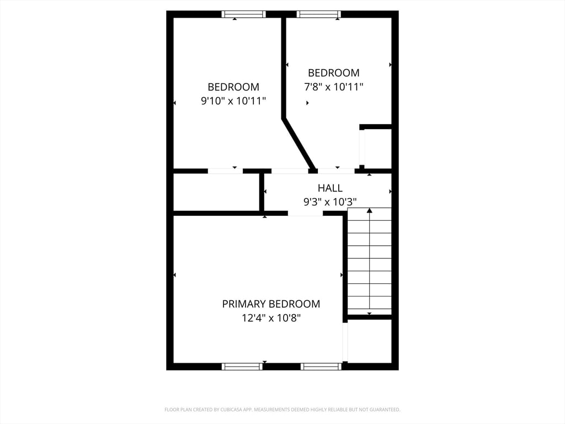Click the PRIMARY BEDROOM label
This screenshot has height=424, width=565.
tap(271, 304)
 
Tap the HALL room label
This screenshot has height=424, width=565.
tap(330, 188)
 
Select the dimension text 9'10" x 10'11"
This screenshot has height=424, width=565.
tap(233, 101)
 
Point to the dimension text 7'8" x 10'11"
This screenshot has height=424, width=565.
tap(333, 87)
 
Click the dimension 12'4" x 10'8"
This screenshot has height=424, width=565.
tap(271, 318)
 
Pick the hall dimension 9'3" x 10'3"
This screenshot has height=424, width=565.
tap(330, 202)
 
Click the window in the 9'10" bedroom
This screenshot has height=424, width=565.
tap(243, 14)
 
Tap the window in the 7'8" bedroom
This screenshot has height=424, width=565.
tap(318, 14)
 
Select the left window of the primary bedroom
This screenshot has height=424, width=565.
tap(242, 366)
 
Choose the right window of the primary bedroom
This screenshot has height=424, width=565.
tap(321, 366)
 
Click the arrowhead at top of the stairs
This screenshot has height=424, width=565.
tap(369, 210)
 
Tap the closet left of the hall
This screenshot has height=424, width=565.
tap(216, 192)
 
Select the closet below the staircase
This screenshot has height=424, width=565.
tap(369, 341)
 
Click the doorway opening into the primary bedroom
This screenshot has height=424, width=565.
tap(305, 213)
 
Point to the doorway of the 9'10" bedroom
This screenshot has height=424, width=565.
tap(225, 171)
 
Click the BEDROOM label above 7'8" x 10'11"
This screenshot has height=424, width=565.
tap(333, 73)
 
